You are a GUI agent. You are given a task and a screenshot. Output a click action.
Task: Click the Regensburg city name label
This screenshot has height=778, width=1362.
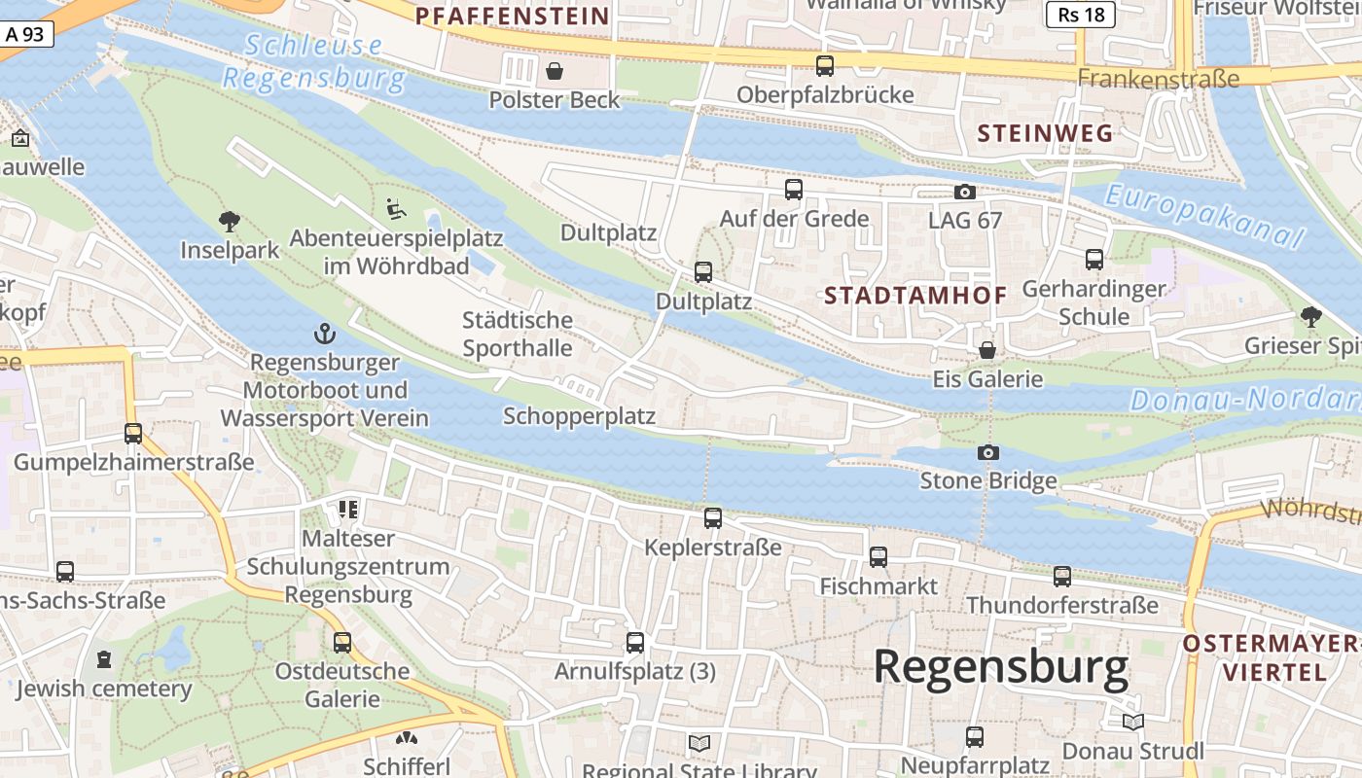click(1000, 667)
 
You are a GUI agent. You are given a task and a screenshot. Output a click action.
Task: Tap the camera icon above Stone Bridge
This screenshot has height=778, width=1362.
click(988, 452)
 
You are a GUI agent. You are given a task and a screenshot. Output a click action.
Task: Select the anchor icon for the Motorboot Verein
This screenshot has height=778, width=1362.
click(324, 335)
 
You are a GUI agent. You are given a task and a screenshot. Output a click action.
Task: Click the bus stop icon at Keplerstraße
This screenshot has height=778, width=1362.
click(713, 518)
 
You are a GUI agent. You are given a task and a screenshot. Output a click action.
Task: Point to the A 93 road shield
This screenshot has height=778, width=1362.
click(25, 34)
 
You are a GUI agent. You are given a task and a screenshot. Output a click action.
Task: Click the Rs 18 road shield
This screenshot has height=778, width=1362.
click(1081, 15)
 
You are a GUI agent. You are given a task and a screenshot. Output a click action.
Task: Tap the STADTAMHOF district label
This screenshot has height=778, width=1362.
click(915, 296)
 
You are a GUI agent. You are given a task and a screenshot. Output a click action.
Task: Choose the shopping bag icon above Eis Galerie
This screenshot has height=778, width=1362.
click(987, 350)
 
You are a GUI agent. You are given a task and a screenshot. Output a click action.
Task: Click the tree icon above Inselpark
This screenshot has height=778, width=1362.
click(230, 221)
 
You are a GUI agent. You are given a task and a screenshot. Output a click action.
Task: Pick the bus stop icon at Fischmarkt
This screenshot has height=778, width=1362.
click(878, 557)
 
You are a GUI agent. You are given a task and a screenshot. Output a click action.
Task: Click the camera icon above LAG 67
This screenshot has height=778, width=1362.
click(965, 192)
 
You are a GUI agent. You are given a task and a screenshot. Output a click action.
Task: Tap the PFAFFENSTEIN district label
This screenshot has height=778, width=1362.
click(512, 16)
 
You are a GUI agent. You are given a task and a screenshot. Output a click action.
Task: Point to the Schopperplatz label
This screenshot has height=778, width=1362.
click(579, 416)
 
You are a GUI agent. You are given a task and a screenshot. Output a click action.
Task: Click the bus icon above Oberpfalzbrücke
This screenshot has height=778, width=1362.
click(825, 66)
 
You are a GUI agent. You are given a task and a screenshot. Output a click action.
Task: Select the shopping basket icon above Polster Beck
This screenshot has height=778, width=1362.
click(555, 71)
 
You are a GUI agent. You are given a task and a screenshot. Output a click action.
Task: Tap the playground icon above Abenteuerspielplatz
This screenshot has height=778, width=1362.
click(395, 209)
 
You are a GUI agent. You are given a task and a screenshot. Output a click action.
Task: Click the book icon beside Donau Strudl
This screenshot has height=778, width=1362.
click(1133, 722)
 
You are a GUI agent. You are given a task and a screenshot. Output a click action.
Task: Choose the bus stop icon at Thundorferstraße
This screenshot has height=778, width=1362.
click(1062, 577)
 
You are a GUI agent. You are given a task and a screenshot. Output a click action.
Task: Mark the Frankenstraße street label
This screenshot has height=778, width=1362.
click(1159, 79)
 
